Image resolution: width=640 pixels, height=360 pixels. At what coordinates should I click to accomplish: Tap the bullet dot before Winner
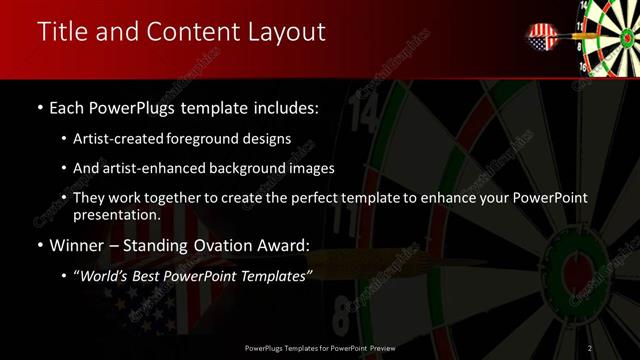point(38,246)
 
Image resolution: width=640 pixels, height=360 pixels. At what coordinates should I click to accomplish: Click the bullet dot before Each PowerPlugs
point(38,106)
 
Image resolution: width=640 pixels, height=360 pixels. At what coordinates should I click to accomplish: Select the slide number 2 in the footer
point(591,348)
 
